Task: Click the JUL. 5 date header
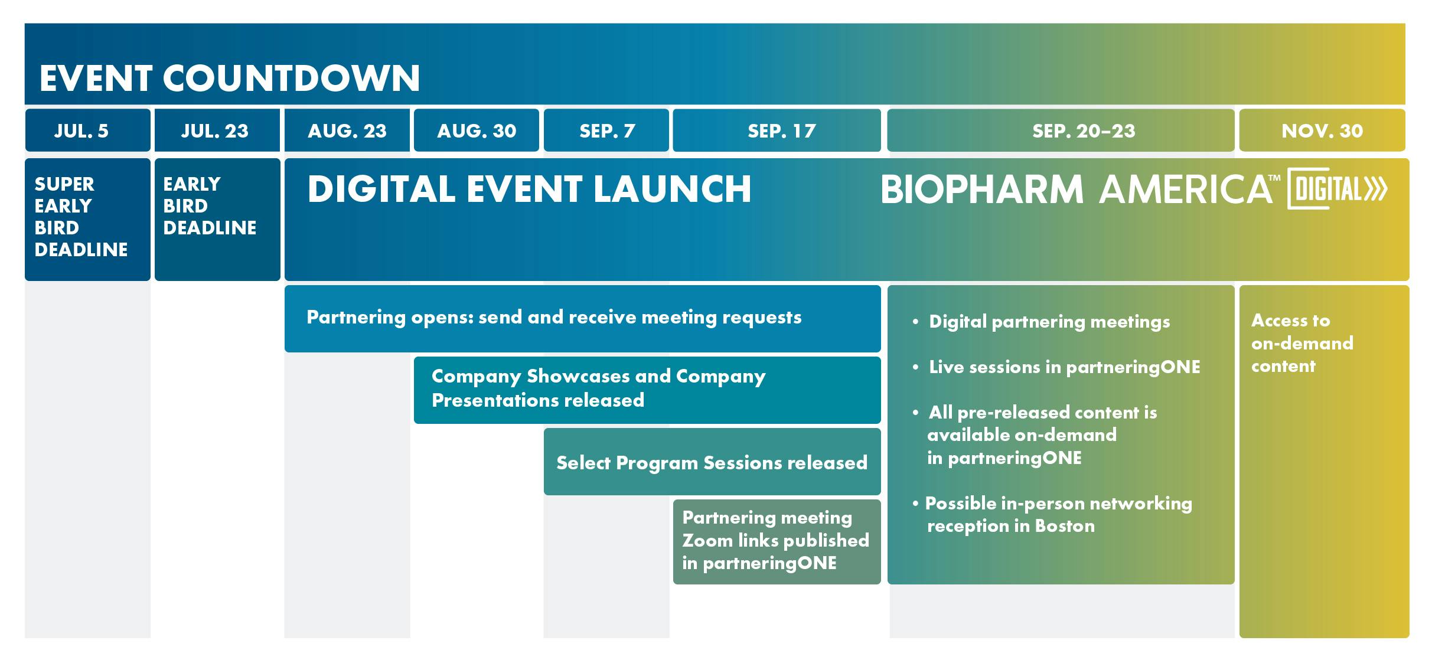coord(87,130)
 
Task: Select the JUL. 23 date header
coord(217,130)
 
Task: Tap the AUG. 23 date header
coord(347,130)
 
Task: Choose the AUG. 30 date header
coord(477,130)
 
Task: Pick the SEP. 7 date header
coord(606,130)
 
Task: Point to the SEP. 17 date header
coord(777,130)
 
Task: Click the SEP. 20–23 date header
coord(1061,130)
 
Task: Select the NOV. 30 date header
coord(1322,130)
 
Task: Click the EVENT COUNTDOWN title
coord(230,78)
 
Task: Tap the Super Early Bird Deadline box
coord(87,219)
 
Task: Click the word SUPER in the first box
coord(64,184)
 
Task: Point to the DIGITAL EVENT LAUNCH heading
coord(529,189)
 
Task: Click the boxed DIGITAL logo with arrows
coord(1337,189)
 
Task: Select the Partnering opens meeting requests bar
coord(583,319)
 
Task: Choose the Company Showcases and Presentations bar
coord(647,390)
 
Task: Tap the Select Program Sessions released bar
coord(712,462)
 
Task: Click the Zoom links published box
coord(777,542)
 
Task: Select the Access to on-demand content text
coord(1302,343)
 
